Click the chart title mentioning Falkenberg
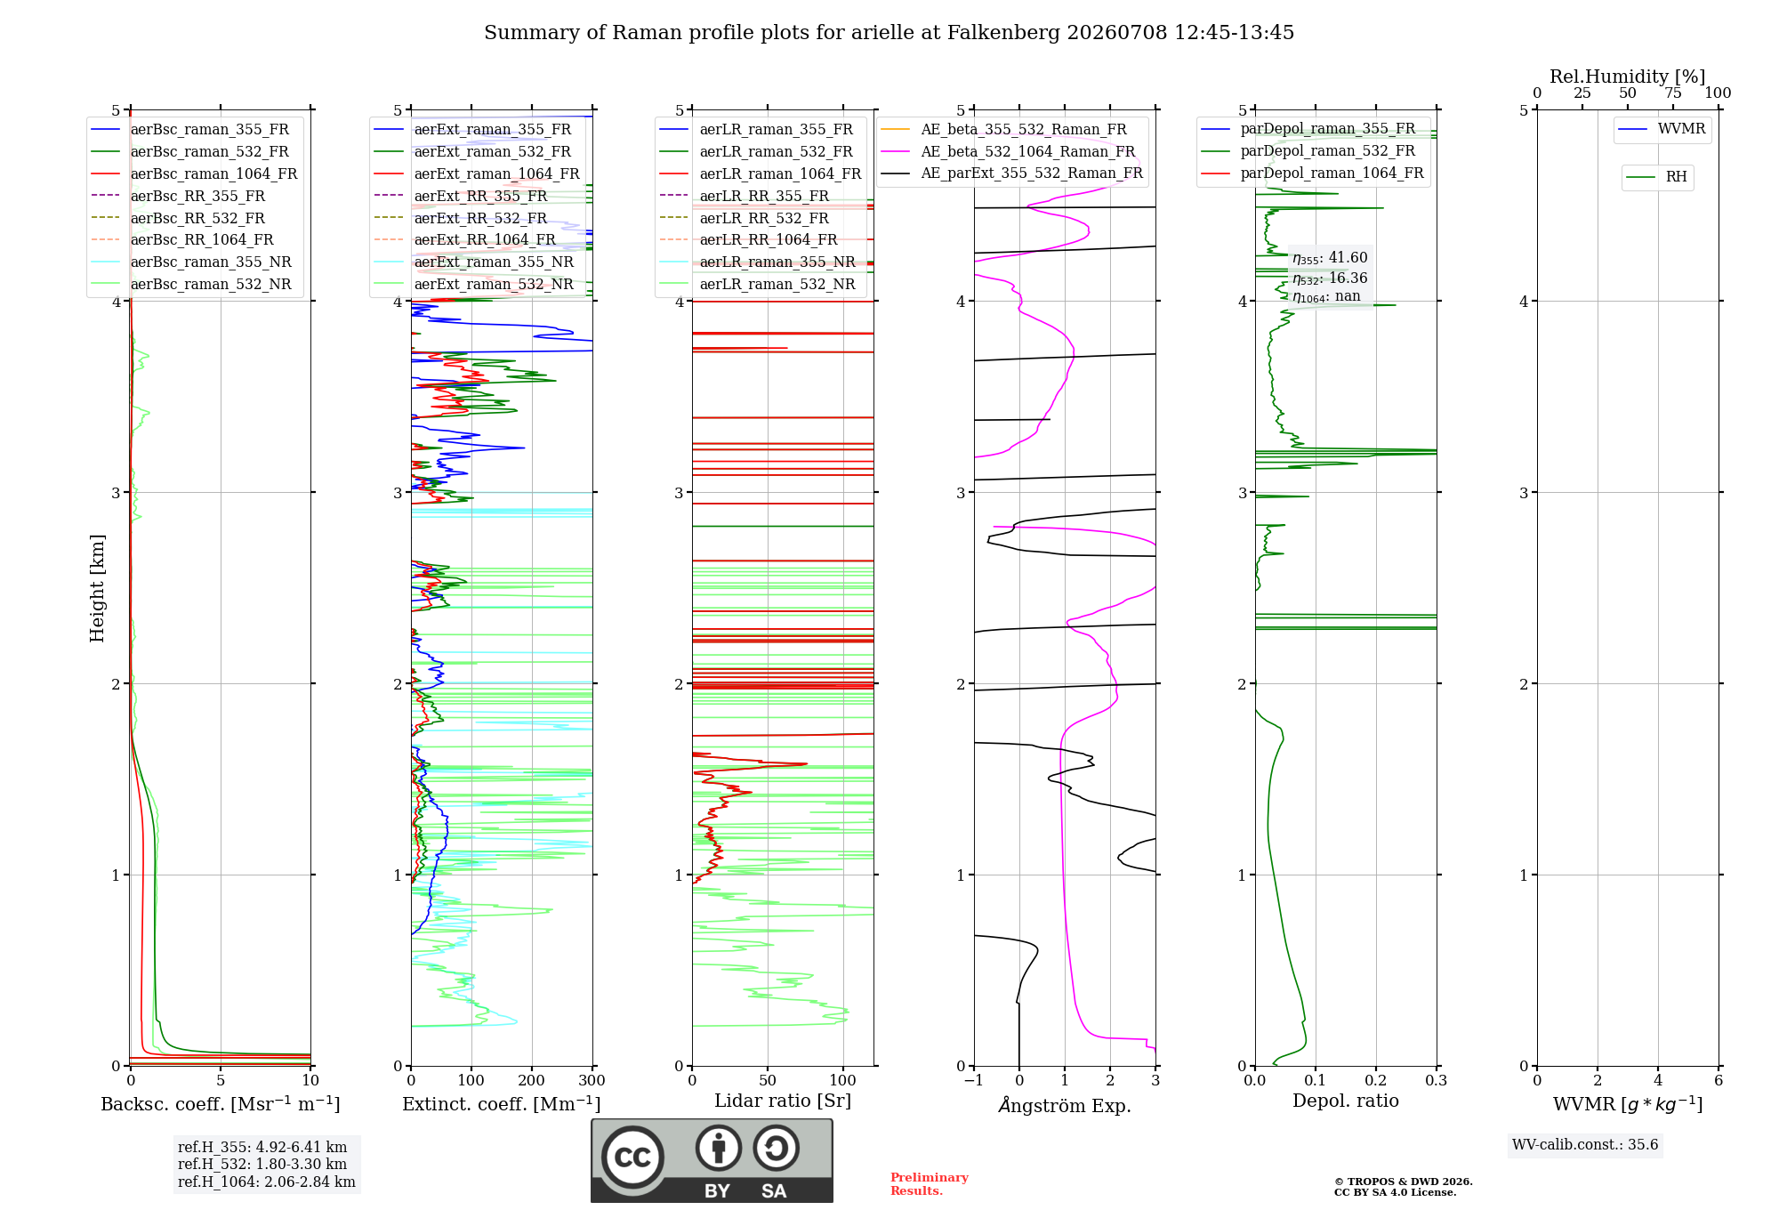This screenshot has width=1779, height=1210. [x=889, y=33]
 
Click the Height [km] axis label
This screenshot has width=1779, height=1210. [x=97, y=588]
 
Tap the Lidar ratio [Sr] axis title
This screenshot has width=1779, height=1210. [x=783, y=1101]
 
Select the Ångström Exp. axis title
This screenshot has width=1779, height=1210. [x=1065, y=1105]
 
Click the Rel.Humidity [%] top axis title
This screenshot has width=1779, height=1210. [x=1628, y=77]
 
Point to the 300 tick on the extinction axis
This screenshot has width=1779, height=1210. [x=592, y=1080]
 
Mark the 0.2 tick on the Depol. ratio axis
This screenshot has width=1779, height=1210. [x=1376, y=1080]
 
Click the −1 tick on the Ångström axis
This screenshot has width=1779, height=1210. [x=973, y=1080]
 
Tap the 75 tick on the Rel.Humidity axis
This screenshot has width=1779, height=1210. [x=1673, y=93]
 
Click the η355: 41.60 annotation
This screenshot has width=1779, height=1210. [x=1330, y=258]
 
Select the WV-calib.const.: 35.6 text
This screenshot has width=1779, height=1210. [x=1585, y=1144]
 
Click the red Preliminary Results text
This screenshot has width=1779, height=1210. [x=930, y=1184]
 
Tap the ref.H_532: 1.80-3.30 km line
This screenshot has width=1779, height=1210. [x=262, y=1164]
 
